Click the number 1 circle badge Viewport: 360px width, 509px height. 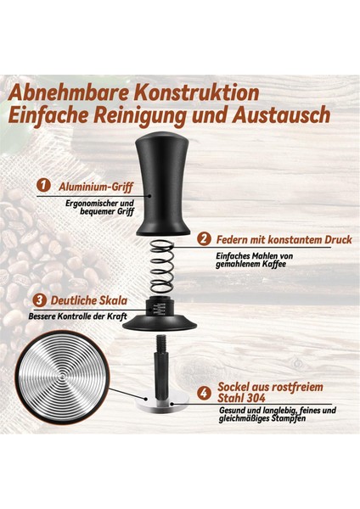tap(42, 184)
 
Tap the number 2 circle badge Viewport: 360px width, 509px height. tap(203, 238)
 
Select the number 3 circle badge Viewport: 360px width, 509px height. tap(40, 300)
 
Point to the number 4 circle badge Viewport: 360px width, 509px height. tap(203, 394)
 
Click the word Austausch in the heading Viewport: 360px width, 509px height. tap(277, 116)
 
